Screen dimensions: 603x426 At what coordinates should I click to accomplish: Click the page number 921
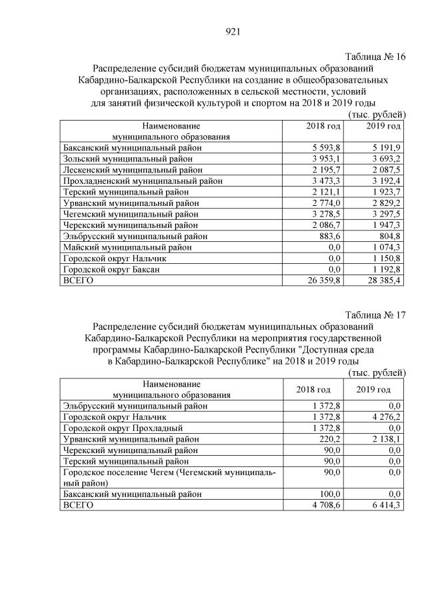(x=233, y=31)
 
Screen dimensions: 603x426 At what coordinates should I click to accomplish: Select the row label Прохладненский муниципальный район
(x=142, y=181)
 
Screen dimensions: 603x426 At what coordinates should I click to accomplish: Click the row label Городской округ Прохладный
(x=122, y=427)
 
